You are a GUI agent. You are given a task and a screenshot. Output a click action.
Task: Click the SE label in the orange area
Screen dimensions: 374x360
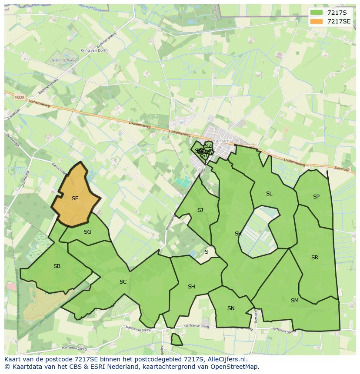[75, 199]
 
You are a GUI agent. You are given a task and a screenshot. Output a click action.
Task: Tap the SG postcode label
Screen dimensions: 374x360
[87, 232]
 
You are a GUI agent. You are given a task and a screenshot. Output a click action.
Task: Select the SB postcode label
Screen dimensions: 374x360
[57, 266]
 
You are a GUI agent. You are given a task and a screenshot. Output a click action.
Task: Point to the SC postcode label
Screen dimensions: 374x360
[123, 282]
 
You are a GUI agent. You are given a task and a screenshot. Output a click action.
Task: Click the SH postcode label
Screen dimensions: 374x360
[191, 287]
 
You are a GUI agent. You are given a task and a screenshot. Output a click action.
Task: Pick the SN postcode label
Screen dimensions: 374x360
[231, 308]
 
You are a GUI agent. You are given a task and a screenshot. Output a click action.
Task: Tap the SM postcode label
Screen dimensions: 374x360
[295, 301]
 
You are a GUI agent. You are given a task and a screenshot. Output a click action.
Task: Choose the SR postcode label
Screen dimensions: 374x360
[315, 258]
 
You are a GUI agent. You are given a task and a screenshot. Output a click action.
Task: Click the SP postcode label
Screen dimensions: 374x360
[316, 197]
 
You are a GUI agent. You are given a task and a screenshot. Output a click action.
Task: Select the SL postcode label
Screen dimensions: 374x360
[269, 194]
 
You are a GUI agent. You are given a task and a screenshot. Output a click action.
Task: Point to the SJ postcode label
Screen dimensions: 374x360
[200, 210]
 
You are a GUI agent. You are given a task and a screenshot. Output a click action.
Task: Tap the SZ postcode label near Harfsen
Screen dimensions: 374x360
[209, 146]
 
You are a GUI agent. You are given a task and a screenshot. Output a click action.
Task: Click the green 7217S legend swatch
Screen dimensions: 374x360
[317, 12]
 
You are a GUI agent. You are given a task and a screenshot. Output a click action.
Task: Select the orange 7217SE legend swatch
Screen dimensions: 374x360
[317, 21]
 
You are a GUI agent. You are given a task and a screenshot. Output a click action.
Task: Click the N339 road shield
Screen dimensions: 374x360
[19, 97]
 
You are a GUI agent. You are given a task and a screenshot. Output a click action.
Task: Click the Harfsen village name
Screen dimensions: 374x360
[221, 141]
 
